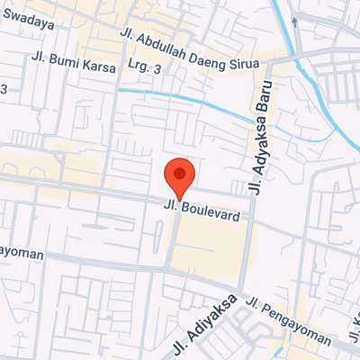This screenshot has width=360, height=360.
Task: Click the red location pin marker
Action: (x=180, y=179)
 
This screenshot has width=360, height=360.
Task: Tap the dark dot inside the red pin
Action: (x=180, y=172)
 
